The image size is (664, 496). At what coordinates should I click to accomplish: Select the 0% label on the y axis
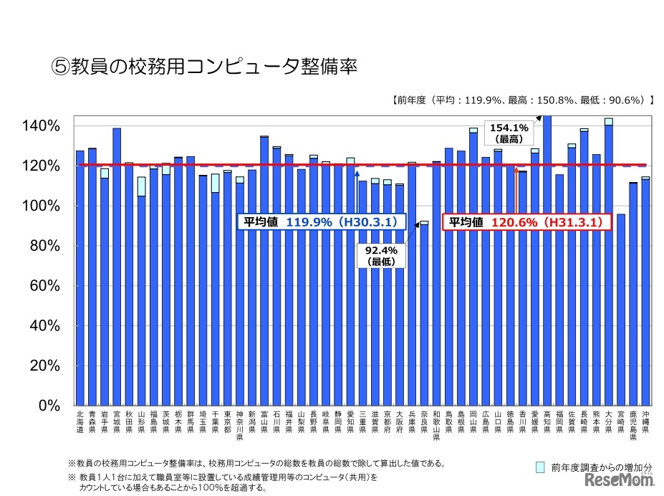52,405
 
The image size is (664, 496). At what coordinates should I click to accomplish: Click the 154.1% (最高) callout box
511,132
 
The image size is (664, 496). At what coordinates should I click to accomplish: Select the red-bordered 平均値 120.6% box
528,222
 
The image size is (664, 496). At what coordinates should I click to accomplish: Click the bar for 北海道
80,280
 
